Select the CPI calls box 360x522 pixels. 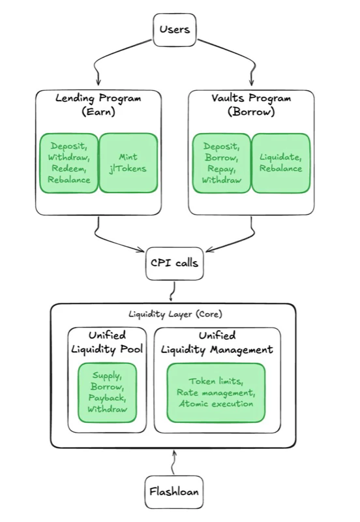tap(173, 264)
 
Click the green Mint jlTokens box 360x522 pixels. tap(128, 163)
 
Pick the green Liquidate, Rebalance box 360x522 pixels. tap(280, 163)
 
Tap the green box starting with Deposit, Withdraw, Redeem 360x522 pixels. tap(68, 163)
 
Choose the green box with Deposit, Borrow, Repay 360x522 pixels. tap(222, 163)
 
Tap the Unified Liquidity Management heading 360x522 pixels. tap(217, 342)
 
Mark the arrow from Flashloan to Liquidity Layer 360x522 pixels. tap(173, 463)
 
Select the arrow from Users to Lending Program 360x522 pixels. tap(108, 62)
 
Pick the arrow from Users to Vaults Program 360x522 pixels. tap(241, 62)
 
